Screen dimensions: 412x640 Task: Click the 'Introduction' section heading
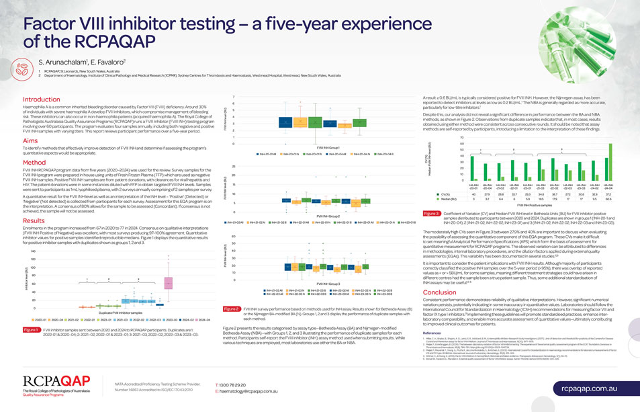tap(42, 99)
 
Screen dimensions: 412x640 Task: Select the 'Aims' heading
tap(31, 141)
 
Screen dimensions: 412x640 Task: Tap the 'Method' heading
tap(34, 163)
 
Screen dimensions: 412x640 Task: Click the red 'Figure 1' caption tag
tap(31, 329)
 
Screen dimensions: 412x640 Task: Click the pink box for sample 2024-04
tap(168, 283)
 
